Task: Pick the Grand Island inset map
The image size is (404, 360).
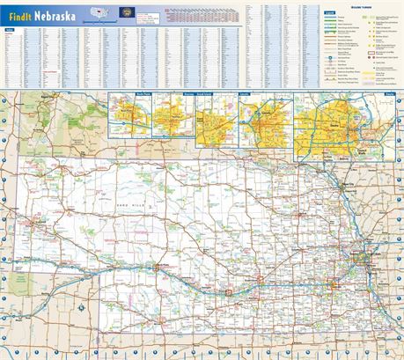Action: pyautogui.click(x=216, y=116)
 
